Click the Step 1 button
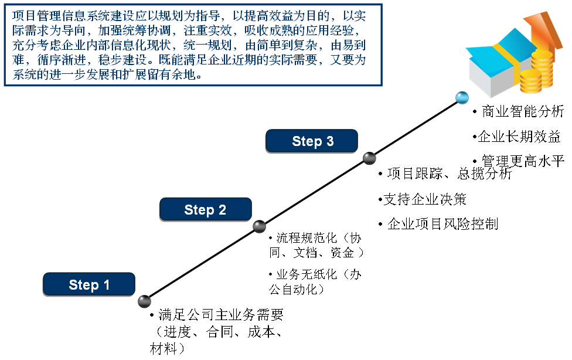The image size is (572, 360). [x=89, y=284]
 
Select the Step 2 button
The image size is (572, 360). [x=205, y=209]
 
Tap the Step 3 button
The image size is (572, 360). [x=312, y=141]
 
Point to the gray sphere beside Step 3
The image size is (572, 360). [x=369, y=158]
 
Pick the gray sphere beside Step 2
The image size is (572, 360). [x=259, y=226]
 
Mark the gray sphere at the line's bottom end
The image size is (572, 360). [x=144, y=301]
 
